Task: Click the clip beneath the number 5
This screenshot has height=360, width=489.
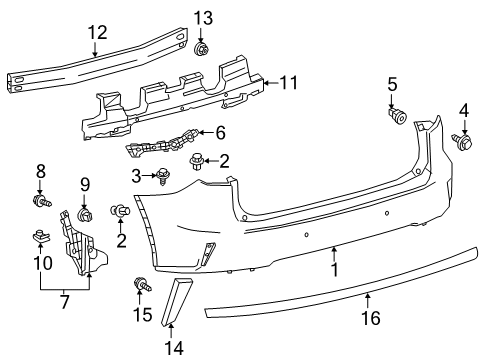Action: click(397, 116)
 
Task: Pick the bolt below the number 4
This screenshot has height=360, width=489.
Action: click(463, 143)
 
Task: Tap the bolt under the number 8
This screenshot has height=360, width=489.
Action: click(41, 203)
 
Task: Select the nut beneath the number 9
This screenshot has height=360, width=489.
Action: click(85, 215)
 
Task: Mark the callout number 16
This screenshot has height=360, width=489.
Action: click(369, 320)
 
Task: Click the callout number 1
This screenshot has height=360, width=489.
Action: click(335, 268)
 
